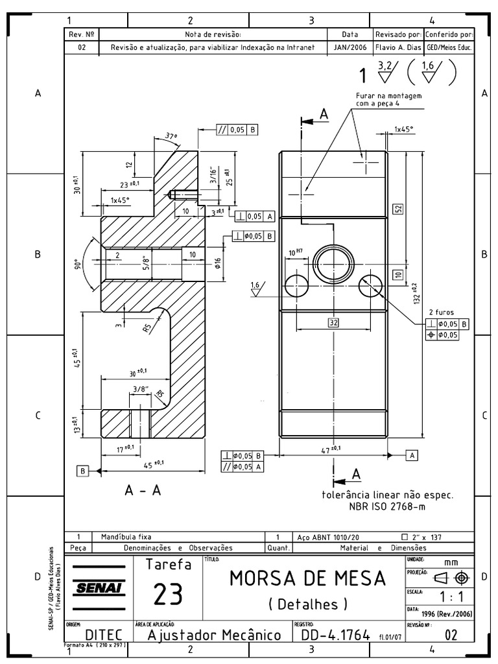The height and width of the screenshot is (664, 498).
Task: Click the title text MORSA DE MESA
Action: (x=307, y=577)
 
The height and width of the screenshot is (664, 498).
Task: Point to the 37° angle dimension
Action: (x=171, y=137)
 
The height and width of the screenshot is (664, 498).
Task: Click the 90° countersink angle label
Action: (x=77, y=265)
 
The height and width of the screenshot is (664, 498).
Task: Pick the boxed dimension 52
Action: (x=398, y=208)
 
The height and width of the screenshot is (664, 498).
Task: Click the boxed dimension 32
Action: (x=333, y=322)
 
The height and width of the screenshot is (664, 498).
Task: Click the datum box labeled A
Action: (x=411, y=455)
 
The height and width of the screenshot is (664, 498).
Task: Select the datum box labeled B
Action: (x=82, y=471)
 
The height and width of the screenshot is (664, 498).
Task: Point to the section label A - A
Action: (x=143, y=491)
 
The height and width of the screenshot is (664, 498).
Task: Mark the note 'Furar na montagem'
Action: (x=389, y=96)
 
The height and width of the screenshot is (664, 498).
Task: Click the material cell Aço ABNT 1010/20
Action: (x=327, y=537)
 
